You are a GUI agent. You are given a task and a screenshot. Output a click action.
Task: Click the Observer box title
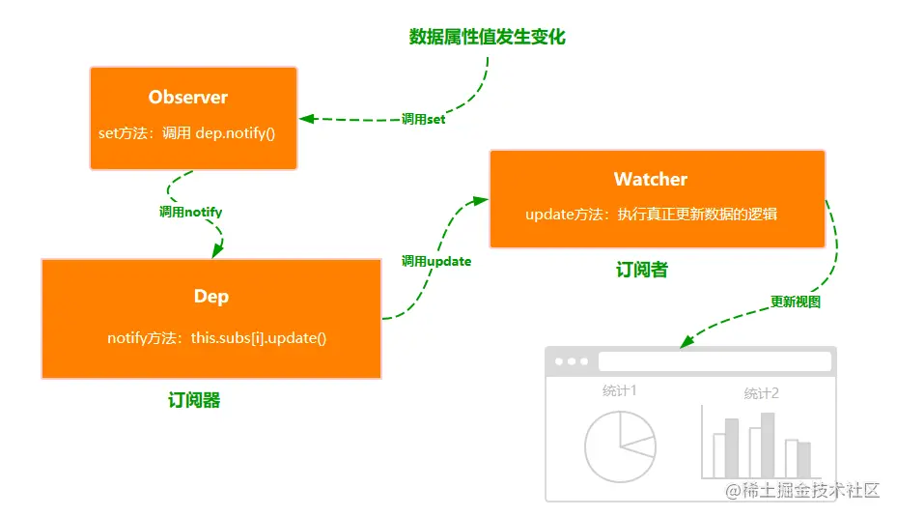(188, 97)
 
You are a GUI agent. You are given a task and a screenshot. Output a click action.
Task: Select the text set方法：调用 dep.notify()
(187, 132)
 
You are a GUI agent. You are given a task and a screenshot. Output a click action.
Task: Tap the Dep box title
(211, 296)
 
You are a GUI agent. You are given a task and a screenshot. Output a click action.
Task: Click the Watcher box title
(651, 179)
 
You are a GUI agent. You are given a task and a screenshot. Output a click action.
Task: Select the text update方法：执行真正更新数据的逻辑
(652, 215)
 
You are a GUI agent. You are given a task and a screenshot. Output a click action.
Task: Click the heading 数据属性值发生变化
(487, 37)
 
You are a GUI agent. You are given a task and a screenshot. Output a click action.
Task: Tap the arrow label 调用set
(423, 120)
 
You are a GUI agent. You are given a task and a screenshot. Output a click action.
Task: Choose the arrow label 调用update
(436, 261)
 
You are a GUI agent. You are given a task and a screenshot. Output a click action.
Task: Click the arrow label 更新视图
(796, 302)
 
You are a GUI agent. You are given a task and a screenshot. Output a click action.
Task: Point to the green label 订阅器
(193, 400)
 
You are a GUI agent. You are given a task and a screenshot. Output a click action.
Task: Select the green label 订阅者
(642, 271)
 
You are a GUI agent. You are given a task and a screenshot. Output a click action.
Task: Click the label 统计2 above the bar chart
(762, 393)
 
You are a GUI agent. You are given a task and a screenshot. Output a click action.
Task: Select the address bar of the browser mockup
(715, 361)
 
